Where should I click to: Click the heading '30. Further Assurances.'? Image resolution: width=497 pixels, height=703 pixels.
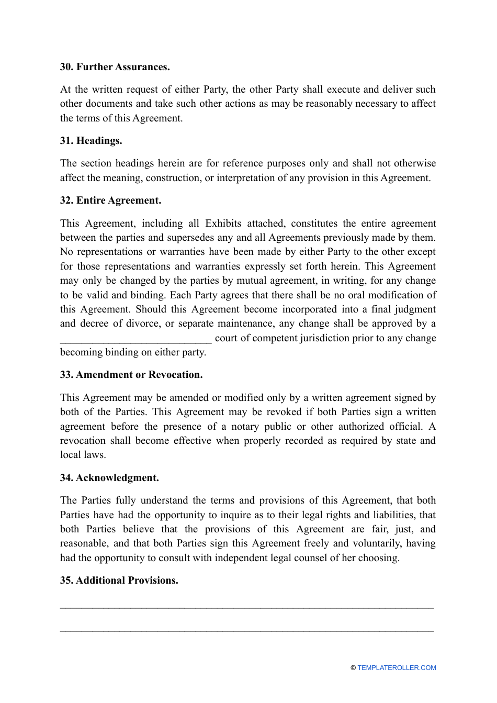click(115, 67)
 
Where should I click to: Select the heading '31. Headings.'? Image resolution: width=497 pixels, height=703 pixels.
click(91, 141)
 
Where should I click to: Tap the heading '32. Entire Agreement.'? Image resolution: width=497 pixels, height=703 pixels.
click(110, 200)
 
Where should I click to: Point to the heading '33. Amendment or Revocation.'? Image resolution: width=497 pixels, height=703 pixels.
click(131, 375)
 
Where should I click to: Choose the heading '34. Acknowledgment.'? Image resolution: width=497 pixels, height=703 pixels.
click(109, 478)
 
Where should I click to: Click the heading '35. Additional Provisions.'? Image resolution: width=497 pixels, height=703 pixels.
click(119, 581)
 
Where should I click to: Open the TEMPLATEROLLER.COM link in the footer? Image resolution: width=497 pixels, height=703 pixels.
click(397, 668)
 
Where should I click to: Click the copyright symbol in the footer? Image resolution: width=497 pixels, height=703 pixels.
click(353, 668)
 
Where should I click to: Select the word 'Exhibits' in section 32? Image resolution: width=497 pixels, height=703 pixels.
click(223, 224)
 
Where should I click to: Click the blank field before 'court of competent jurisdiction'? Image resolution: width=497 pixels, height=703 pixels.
click(135, 339)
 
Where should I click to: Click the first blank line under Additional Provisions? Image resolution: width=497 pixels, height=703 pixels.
click(247, 607)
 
